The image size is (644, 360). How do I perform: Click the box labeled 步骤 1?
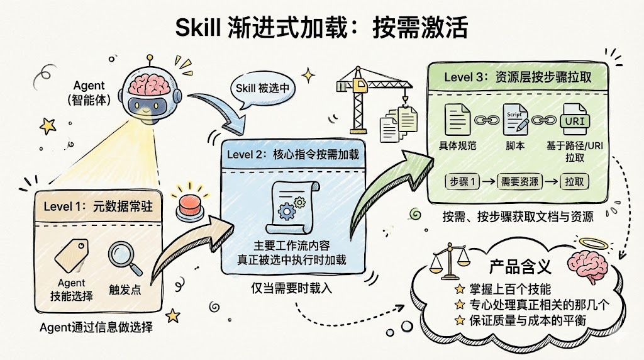click(x=462, y=182)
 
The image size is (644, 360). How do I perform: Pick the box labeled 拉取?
click(x=576, y=182)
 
